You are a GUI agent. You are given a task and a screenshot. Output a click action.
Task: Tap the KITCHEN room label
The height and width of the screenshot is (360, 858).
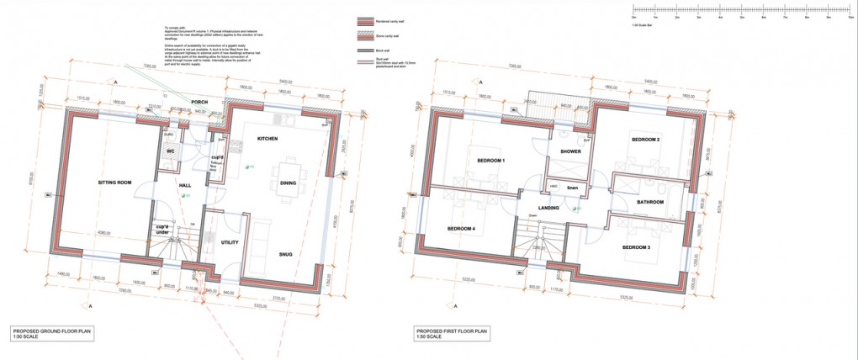tap(267, 138)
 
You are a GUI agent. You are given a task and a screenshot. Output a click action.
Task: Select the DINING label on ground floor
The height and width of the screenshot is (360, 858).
tap(288, 183)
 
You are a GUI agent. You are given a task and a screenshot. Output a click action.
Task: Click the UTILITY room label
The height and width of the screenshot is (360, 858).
tap(230, 243)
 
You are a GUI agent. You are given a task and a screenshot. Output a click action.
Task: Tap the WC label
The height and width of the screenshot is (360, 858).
tap(170, 151)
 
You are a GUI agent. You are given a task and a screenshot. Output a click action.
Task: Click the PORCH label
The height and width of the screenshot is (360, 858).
tap(199, 103)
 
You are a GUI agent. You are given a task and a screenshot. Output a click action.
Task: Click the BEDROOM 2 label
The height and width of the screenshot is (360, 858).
tap(645, 139)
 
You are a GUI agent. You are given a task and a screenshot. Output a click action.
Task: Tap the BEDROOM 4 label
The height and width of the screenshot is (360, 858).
tap(461, 229)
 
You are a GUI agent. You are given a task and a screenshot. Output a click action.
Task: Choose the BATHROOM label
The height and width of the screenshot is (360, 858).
tap(650, 202)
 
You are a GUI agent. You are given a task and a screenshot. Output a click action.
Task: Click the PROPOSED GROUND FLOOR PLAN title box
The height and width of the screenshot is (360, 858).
tap(51, 334)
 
